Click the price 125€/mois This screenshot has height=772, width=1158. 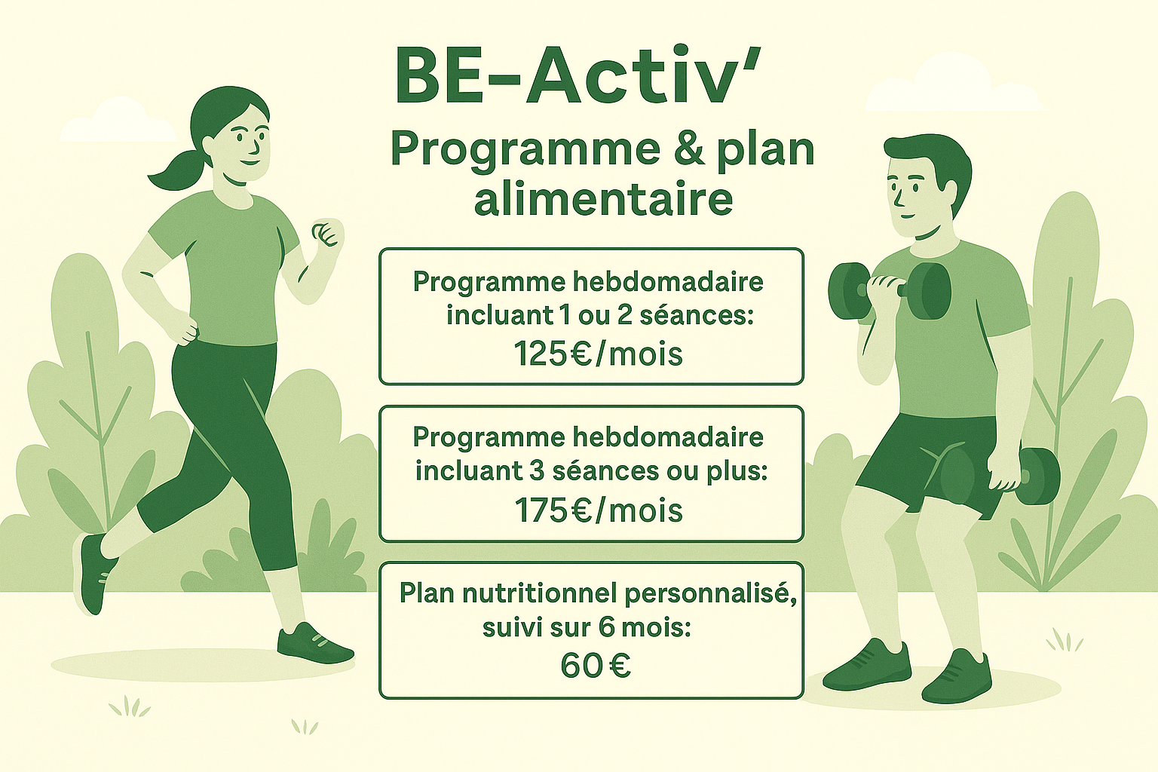tap(598, 355)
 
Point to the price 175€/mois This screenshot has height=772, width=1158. tap(598, 510)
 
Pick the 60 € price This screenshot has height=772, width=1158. tap(596, 666)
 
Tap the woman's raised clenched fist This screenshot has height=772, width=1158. tap(328, 234)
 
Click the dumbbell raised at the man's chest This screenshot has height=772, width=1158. tap(890, 290)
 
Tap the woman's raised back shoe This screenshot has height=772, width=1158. tap(93, 574)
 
